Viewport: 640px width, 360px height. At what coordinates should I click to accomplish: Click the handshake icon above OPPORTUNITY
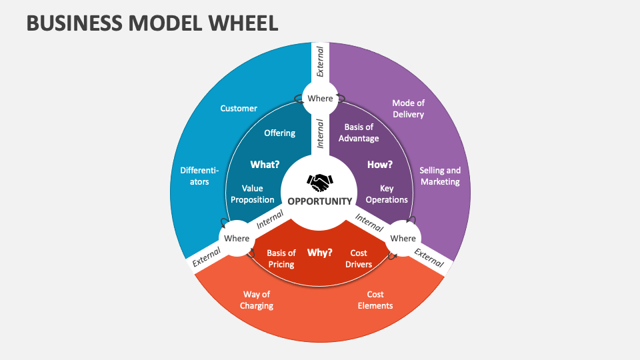click(320, 182)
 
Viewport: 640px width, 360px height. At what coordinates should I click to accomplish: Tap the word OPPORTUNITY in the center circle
click(320, 201)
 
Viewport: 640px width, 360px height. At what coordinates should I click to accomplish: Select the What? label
click(264, 164)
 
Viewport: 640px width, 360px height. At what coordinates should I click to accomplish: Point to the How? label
click(380, 164)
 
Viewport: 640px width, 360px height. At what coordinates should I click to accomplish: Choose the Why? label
click(319, 253)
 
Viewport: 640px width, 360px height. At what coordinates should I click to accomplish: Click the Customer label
click(239, 108)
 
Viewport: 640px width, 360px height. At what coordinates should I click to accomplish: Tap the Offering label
click(279, 133)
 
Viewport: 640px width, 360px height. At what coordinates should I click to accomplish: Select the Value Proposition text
click(253, 194)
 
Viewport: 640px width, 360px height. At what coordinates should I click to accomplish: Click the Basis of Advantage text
click(359, 133)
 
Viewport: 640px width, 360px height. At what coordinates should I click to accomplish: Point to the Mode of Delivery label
click(408, 109)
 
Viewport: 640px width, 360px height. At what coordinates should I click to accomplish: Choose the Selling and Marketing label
click(440, 176)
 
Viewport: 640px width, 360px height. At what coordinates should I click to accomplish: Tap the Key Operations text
click(387, 194)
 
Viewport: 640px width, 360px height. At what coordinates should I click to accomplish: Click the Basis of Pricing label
click(281, 259)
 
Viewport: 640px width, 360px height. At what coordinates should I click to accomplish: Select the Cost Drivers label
click(359, 259)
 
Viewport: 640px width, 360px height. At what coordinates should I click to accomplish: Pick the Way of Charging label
click(257, 300)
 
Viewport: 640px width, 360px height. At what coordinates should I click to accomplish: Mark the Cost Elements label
click(375, 300)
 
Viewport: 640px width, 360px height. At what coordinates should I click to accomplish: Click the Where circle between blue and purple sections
click(320, 99)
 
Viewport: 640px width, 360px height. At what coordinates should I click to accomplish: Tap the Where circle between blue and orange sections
click(237, 239)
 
